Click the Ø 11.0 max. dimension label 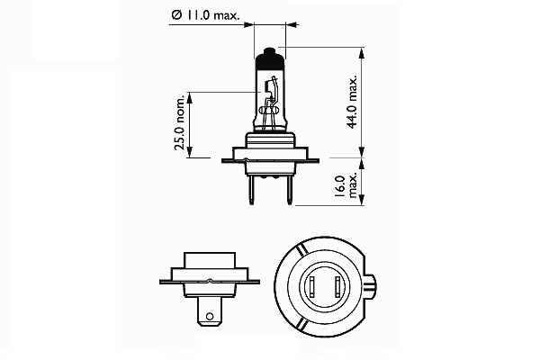pyautogui.click(x=205, y=15)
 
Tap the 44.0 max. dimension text pyautogui.click(x=353, y=102)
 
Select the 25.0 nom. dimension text pyautogui.click(x=181, y=122)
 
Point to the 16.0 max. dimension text pyautogui.click(x=346, y=186)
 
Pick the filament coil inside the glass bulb pyautogui.click(x=266, y=86)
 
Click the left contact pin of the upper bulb pyautogui.click(x=251, y=190)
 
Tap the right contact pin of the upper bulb pyautogui.click(x=289, y=190)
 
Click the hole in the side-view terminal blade pyautogui.click(x=209, y=316)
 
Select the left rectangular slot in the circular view pyautogui.click(x=312, y=286)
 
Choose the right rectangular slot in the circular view pyautogui.click(x=337, y=286)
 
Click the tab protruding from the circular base pyautogui.click(x=371, y=286)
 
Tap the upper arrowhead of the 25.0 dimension pyautogui.click(x=189, y=98)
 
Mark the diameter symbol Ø pyautogui.click(x=176, y=15)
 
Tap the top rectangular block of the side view pyautogui.click(x=210, y=260)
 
